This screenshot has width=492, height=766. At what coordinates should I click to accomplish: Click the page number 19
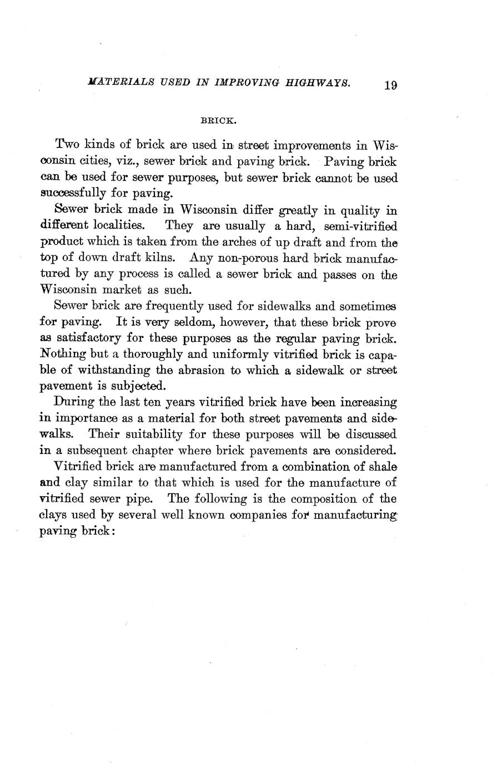pos(390,85)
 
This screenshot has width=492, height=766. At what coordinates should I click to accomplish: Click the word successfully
pos(77,194)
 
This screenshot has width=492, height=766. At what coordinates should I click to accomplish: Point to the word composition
pos(325,498)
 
